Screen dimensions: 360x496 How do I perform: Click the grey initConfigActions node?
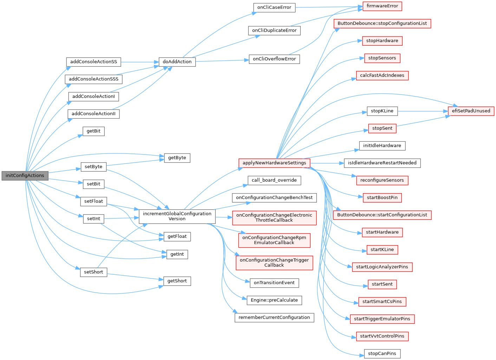tap(25, 176)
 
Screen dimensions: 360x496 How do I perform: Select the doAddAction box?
tap(177, 62)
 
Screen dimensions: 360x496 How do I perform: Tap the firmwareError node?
tap(382, 6)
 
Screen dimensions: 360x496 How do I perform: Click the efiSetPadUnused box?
tap(471, 111)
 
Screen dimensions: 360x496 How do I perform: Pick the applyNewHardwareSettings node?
tap(274, 163)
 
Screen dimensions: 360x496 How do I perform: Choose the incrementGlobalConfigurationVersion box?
tap(177, 216)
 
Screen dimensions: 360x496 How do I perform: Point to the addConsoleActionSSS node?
tap(93, 79)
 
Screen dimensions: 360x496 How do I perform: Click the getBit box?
tap(93, 131)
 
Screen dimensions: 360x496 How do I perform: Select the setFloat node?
tap(93, 201)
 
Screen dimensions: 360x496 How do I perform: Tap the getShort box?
tap(177, 281)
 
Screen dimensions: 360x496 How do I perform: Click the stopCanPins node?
tap(382, 354)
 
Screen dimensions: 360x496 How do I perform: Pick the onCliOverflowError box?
tap(274, 59)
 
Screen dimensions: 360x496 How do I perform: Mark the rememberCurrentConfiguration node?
tap(274, 318)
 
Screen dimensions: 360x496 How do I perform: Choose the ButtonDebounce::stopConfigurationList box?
tap(382, 24)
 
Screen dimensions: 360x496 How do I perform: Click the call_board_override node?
tap(274, 180)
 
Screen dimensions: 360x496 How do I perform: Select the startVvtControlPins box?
tap(382, 336)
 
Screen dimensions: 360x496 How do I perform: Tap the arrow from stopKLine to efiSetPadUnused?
tap(422, 111)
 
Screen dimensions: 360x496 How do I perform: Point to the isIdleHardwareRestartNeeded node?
tap(382, 163)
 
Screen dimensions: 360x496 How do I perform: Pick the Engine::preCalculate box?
tap(274, 300)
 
